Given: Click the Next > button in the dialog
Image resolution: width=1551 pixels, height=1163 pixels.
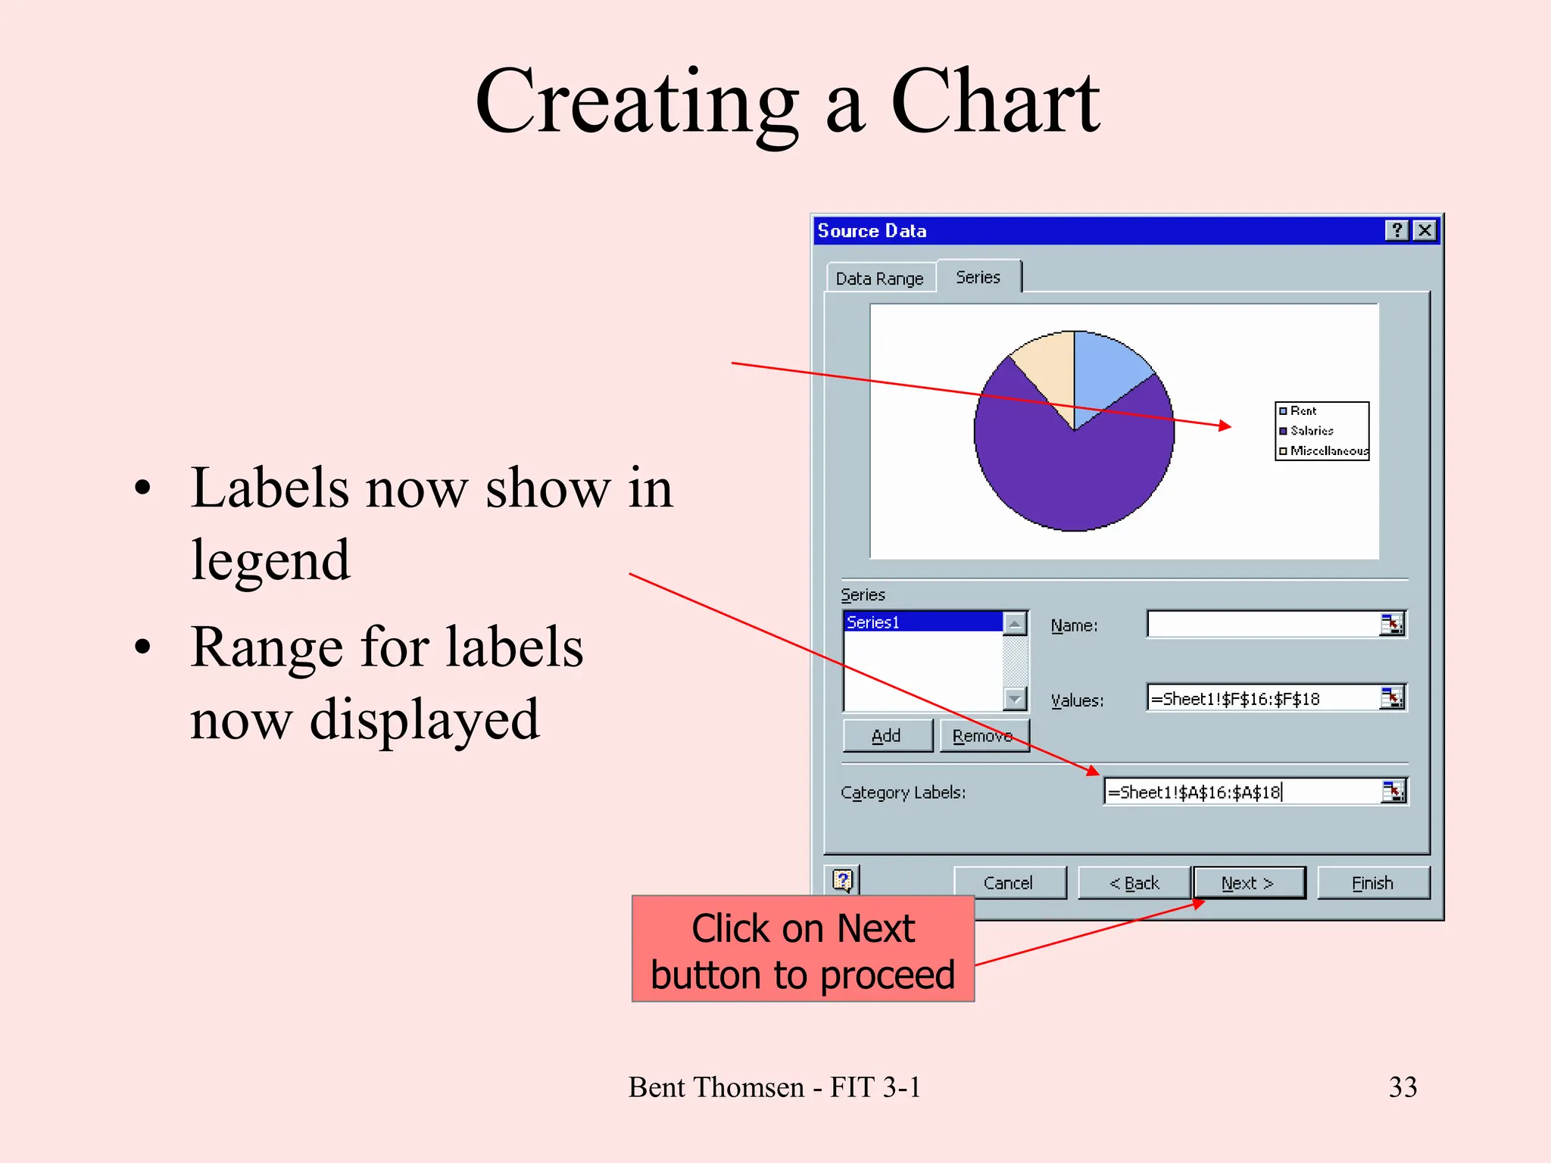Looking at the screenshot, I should click(x=1248, y=883).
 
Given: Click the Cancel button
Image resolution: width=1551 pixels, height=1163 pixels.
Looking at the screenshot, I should click(x=1008, y=883).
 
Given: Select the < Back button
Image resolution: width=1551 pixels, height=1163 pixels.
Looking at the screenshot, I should click(x=1134, y=883).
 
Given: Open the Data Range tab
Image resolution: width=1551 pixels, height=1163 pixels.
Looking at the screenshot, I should click(x=879, y=279).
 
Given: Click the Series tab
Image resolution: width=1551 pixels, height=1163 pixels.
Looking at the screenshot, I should click(x=978, y=277).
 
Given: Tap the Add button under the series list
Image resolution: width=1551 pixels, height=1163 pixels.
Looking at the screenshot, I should click(x=886, y=735).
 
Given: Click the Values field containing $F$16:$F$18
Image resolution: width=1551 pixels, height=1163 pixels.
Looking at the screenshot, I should click(x=1261, y=698).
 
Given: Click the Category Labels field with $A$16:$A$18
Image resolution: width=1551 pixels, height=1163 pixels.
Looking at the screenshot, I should click(x=1238, y=792).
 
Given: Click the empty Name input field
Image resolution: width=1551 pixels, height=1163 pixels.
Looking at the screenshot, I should click(x=1261, y=625).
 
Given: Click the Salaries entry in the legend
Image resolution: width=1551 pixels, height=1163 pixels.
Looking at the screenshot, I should click(x=1312, y=431).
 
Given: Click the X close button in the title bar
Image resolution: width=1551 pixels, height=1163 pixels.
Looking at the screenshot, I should click(x=1425, y=230).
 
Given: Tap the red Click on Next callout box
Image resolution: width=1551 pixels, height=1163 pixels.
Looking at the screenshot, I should click(x=803, y=949).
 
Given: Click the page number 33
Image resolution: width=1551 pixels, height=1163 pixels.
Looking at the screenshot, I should click(x=1403, y=1087).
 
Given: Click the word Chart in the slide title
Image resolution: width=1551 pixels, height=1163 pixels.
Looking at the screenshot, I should click(x=994, y=102).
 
